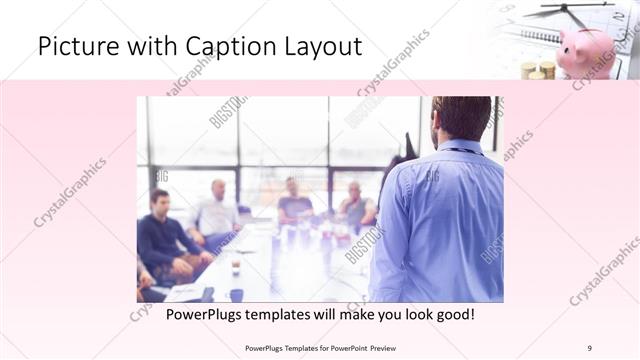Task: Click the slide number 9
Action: pos(589,348)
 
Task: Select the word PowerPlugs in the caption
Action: pos(206,314)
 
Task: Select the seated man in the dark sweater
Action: pos(162,235)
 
